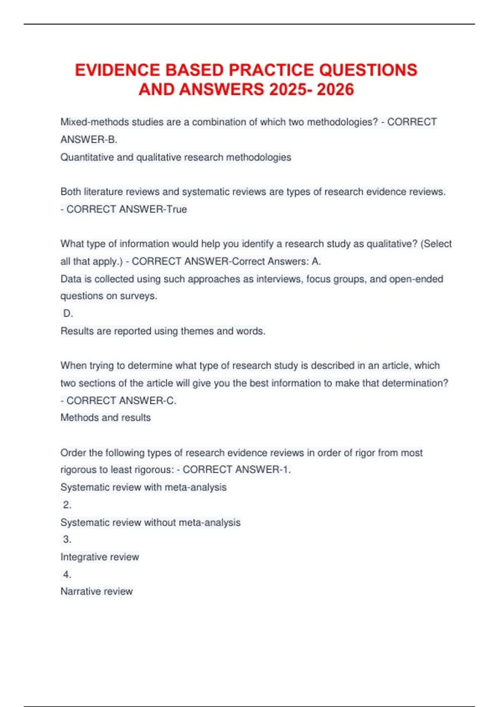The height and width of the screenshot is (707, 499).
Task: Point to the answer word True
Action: pyautogui.click(x=177, y=209)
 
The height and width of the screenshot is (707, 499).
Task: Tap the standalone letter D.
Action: pyautogui.click(x=68, y=313)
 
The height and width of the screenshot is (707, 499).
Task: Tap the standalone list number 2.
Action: pyautogui.click(x=67, y=505)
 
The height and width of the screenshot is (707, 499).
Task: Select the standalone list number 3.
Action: pyautogui.click(x=67, y=539)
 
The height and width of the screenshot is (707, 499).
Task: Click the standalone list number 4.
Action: pyautogui.click(x=67, y=574)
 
